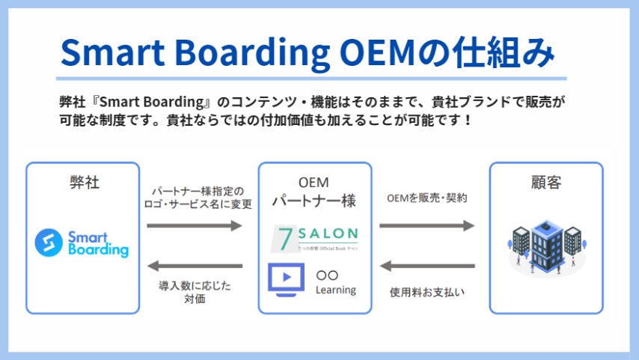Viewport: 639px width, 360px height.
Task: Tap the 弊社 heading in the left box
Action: point(82,182)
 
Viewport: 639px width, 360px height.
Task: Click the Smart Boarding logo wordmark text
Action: point(98,243)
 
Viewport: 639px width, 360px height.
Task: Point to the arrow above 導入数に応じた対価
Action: point(195,266)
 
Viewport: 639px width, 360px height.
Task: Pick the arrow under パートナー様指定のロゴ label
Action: point(195,225)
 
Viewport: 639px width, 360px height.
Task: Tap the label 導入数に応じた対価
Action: point(192,292)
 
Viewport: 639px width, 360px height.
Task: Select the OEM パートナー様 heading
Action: point(314,191)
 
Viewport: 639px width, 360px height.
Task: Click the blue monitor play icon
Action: point(285,278)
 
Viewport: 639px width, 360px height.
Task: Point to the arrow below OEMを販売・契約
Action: point(427,225)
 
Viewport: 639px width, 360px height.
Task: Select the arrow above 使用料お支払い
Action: point(427,266)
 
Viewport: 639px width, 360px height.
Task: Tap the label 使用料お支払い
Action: point(427,292)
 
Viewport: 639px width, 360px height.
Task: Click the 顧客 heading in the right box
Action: point(545,182)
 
